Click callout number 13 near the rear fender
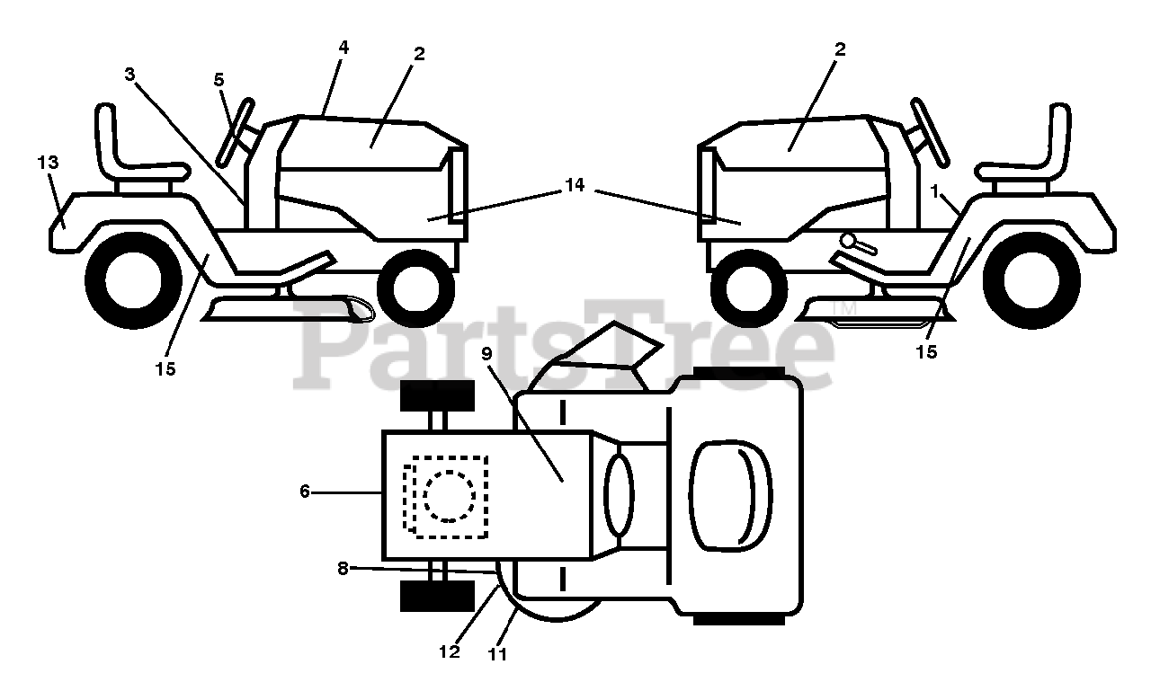[48, 163]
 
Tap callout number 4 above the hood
[344, 47]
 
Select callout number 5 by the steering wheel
[219, 80]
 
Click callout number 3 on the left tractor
[130, 75]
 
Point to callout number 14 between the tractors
[575, 185]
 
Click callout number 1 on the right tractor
[935, 190]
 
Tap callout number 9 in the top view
[486, 353]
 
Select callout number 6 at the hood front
[305, 492]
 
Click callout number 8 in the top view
[343, 567]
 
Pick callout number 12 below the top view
[450, 652]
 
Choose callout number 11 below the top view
[497, 655]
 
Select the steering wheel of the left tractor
[235, 130]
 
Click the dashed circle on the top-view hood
[449, 495]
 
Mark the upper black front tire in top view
[436, 394]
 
